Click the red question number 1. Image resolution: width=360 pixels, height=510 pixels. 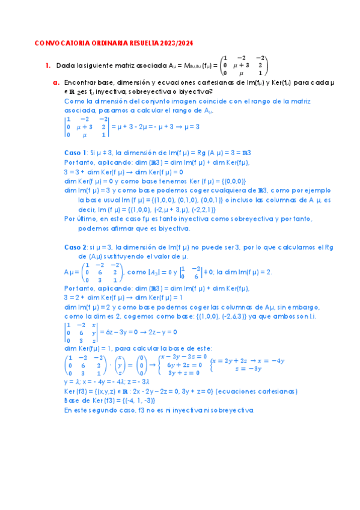click(47, 66)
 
